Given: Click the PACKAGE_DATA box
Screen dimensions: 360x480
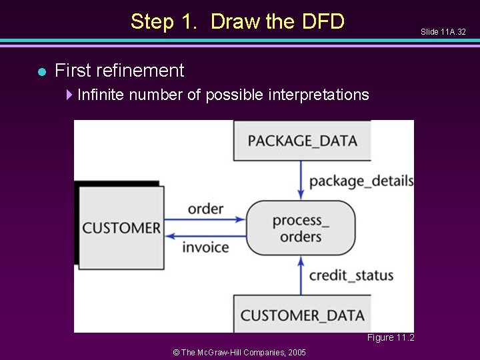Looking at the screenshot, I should (x=302, y=141).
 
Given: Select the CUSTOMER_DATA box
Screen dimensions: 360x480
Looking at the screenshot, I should (x=302, y=315).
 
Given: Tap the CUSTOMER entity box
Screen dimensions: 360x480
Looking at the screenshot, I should (x=121, y=228).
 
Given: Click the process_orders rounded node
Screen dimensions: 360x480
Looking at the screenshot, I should (x=301, y=228).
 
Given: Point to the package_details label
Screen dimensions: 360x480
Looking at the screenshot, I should (x=361, y=181).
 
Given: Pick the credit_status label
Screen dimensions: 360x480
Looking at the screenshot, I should (x=351, y=275).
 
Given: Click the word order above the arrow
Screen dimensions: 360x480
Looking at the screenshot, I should (x=205, y=209).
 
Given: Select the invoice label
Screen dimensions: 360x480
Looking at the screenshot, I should (x=205, y=247).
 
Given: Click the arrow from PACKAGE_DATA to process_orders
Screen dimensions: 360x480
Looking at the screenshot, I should (x=301, y=180).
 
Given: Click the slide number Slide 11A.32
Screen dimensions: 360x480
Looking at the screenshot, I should (x=443, y=32).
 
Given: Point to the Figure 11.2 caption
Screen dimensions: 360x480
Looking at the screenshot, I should (x=390, y=338).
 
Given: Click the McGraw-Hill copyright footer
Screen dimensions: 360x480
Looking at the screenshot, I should (x=239, y=352).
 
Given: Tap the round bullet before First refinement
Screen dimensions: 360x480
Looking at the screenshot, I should (x=41, y=71).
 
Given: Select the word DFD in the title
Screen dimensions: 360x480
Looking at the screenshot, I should (x=323, y=22).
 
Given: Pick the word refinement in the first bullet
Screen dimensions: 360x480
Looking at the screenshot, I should (x=143, y=70).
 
